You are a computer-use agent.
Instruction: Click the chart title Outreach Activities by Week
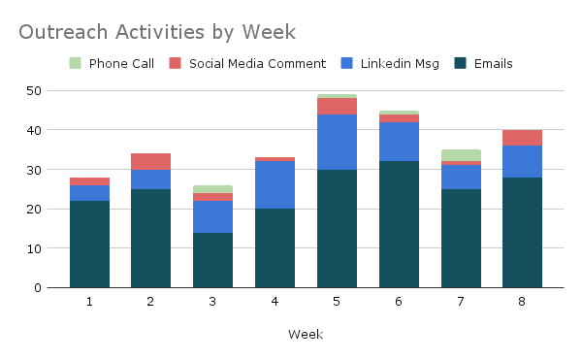157,32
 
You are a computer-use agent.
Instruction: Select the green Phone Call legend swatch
75,63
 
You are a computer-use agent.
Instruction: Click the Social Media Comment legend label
257,63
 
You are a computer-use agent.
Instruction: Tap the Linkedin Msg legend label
400,64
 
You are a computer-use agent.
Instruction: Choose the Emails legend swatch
460,63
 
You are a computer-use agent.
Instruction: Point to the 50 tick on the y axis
34,91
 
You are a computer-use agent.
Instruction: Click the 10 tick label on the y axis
34,248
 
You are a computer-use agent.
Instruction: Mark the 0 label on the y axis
38,288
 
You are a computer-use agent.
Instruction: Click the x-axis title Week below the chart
306,335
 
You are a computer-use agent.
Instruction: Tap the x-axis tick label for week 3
212,302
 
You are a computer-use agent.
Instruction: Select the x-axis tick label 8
522,302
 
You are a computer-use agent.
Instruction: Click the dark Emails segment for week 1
89,245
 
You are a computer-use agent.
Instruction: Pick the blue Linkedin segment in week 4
275,184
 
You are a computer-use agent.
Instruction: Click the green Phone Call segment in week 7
461,155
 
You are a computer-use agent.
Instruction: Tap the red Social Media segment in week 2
150,161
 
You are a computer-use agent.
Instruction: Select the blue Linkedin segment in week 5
337,142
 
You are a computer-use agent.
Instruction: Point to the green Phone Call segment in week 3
212,189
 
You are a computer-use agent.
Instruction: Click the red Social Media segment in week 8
522,138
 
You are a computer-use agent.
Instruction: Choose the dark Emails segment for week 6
399,224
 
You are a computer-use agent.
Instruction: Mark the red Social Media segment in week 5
337,106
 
